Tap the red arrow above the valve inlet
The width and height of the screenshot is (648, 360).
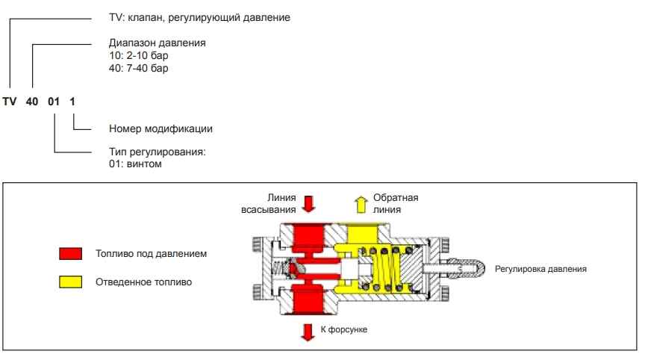click(306, 203)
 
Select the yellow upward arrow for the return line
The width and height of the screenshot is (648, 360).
click(360, 202)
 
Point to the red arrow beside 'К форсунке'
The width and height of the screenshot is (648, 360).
click(306, 330)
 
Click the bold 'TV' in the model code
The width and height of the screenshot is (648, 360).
click(9, 101)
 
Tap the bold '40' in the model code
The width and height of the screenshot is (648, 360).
click(33, 101)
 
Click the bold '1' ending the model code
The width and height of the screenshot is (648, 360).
click(73, 101)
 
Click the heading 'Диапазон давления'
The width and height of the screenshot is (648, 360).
click(158, 43)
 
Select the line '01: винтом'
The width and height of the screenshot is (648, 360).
click(136, 164)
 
